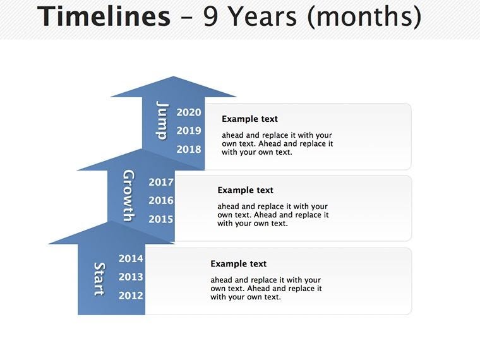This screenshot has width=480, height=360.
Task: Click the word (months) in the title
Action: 364,17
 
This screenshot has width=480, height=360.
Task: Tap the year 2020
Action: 189,112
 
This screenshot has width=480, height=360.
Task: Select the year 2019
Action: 189,131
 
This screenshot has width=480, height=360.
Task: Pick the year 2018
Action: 189,150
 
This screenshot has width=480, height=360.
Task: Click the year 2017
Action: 161,183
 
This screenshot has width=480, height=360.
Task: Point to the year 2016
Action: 161,201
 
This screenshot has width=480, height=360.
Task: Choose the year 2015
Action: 161,220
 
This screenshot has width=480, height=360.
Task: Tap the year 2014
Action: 131,258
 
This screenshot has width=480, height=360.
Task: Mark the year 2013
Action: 131,277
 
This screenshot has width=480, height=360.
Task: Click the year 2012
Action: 131,296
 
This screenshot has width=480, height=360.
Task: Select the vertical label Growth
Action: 128,195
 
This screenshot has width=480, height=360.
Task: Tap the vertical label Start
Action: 99,279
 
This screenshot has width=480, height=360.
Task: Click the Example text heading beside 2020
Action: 249,119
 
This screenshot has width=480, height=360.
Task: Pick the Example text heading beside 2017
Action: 245,190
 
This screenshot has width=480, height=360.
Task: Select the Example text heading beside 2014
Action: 238,264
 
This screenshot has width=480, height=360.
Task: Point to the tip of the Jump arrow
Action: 173,78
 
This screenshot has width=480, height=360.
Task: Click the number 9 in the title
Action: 210,17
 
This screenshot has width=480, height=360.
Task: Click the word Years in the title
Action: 263,17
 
